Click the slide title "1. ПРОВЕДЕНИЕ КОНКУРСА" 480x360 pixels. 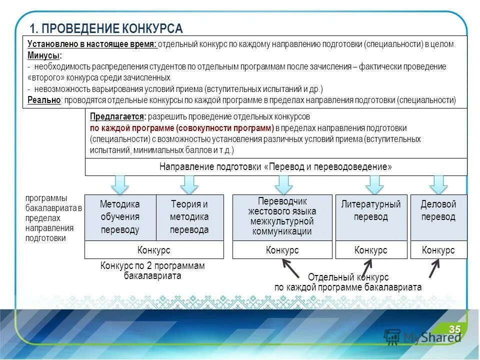(x=106, y=28)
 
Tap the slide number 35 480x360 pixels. (x=454, y=329)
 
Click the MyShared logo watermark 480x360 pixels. (x=422, y=336)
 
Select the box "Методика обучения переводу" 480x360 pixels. (x=120, y=217)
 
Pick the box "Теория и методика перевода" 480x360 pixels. (x=189, y=217)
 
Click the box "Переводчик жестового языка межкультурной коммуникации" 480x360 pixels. (x=282, y=217)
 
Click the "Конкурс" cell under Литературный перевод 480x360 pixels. (x=370, y=250)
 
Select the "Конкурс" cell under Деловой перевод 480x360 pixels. (x=438, y=250)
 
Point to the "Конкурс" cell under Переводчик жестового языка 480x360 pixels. (x=282, y=250)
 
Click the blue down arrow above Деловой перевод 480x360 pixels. (x=438, y=184)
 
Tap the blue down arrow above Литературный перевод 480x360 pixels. (x=374, y=184)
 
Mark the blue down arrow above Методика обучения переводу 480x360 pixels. (x=120, y=184)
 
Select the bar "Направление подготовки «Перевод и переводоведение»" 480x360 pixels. (x=275, y=167)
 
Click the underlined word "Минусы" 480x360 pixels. (x=44, y=55)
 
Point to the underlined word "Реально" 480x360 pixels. (x=44, y=100)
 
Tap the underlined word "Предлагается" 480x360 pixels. (x=117, y=116)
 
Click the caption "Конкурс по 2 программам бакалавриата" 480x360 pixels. (x=152, y=270)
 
